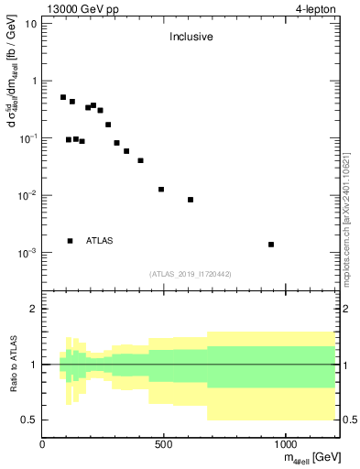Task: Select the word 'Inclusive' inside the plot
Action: (191, 38)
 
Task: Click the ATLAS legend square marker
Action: (70, 241)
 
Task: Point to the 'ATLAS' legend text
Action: (100, 241)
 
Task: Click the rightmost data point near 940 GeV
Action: (271, 245)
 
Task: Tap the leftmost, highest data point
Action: (63, 97)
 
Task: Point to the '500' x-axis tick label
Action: (163, 444)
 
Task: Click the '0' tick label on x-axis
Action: (42, 444)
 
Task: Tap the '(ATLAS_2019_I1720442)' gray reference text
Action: (191, 273)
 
